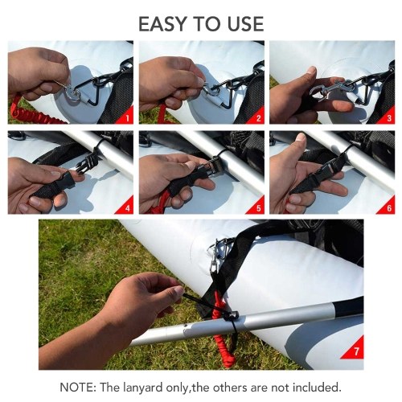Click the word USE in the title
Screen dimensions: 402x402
(x=246, y=24)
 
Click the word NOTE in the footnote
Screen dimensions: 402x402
(x=77, y=388)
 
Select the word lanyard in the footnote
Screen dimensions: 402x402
(x=143, y=388)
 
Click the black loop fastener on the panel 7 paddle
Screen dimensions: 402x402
(x=232, y=316)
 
